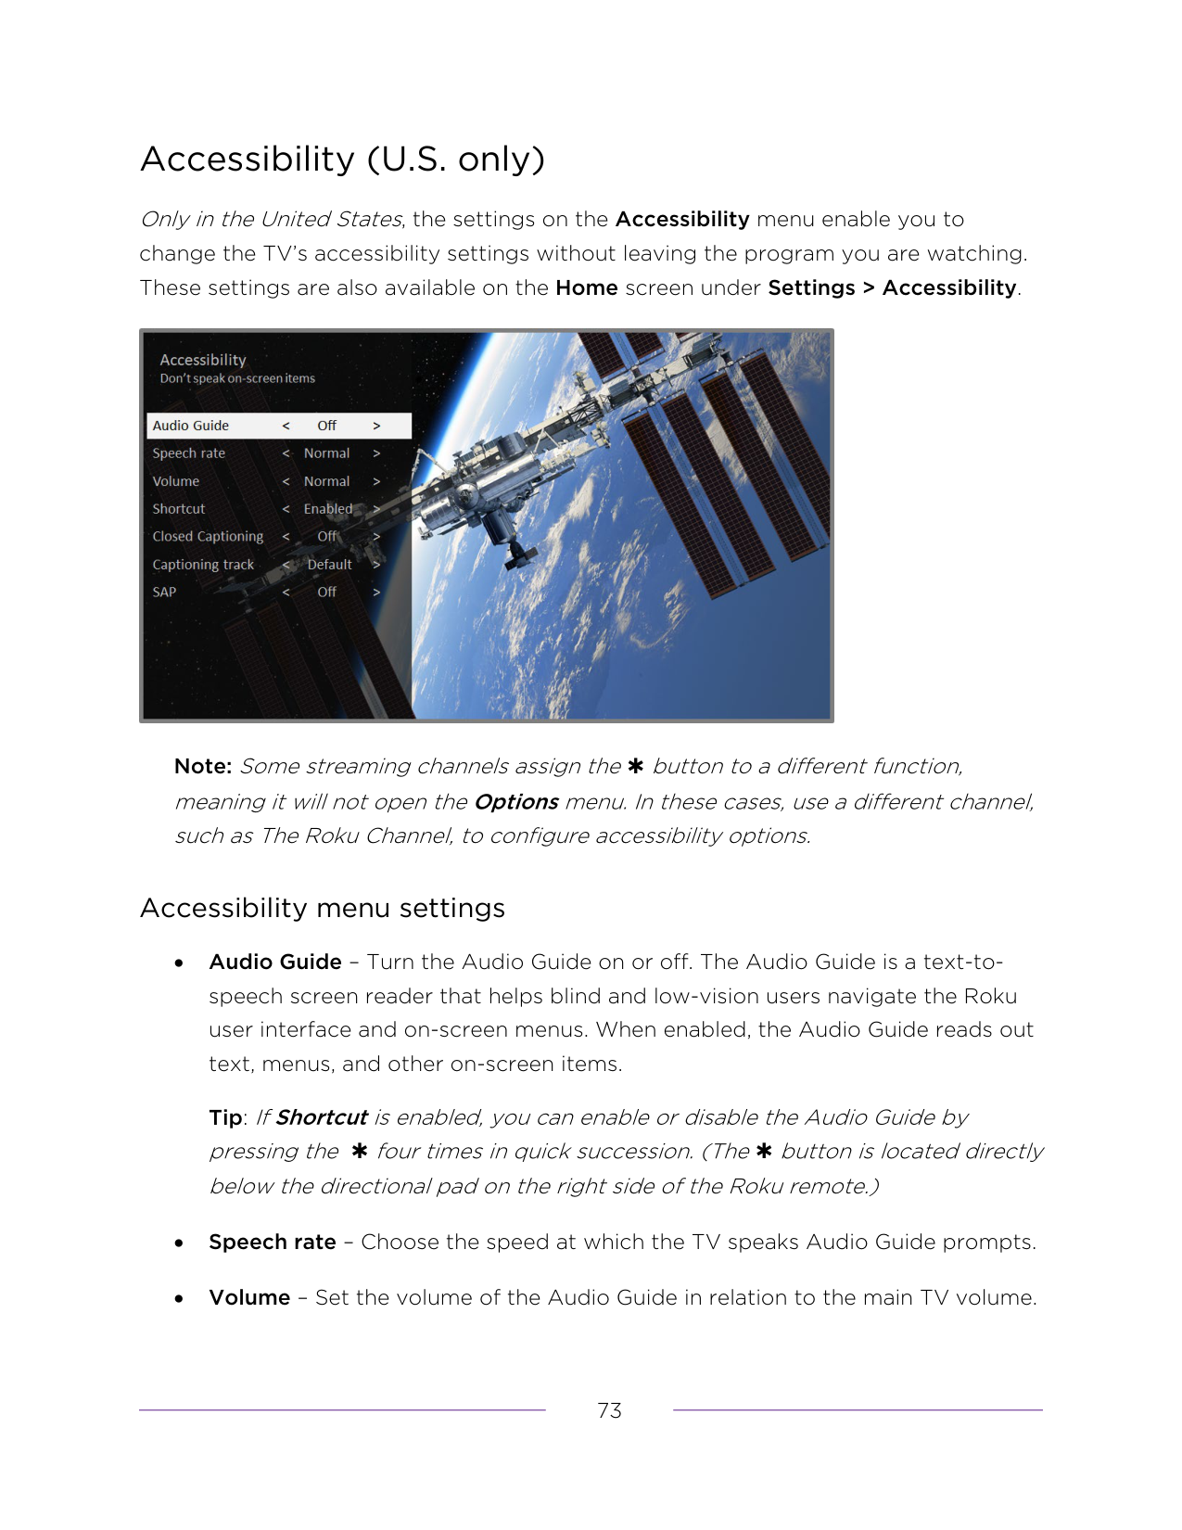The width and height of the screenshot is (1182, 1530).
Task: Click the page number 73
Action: pyautogui.click(x=609, y=1410)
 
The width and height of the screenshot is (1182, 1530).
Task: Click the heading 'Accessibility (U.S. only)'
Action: pyautogui.click(x=342, y=159)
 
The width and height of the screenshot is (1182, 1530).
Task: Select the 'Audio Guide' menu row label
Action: pyautogui.click(x=191, y=426)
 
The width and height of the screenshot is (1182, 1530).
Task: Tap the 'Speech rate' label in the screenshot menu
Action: pyautogui.click(x=189, y=453)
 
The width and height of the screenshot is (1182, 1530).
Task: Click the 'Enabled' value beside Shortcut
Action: pyautogui.click(x=327, y=509)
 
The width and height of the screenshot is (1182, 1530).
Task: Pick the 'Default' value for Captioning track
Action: pyautogui.click(x=329, y=565)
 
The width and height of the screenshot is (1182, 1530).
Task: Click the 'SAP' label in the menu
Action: pyautogui.click(x=164, y=592)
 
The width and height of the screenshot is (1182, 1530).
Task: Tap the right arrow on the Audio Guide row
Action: pyautogui.click(x=376, y=426)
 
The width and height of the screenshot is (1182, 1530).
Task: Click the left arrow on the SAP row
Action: pyautogui.click(x=286, y=592)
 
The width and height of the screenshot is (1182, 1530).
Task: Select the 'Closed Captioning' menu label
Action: pyautogui.click(x=208, y=536)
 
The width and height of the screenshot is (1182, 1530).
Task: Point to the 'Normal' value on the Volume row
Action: pyautogui.click(x=326, y=481)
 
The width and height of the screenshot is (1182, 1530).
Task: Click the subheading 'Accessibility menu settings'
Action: pyautogui.click(x=322, y=908)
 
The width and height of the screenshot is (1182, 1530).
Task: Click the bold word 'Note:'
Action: pyautogui.click(x=203, y=767)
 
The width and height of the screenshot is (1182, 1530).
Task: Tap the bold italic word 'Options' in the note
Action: pyautogui.click(x=515, y=802)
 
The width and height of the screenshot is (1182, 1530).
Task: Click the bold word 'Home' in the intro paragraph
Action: pyautogui.click(x=587, y=288)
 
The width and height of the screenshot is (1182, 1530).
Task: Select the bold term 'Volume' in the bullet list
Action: pyautogui.click(x=249, y=1297)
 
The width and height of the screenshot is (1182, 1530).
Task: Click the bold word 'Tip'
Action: pyautogui.click(x=225, y=1117)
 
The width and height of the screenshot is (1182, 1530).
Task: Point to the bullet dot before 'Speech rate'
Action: pyautogui.click(x=178, y=1243)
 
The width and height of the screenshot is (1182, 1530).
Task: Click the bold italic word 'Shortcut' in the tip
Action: pyautogui.click(x=322, y=1117)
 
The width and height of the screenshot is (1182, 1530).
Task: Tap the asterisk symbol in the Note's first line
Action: pyautogui.click(x=635, y=766)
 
